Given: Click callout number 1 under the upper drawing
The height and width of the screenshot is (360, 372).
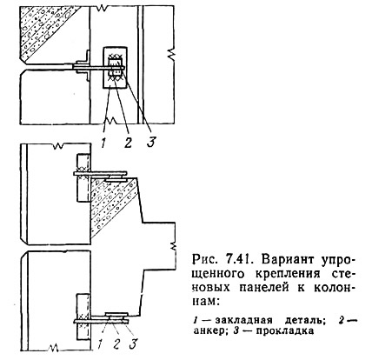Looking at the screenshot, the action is [x=103, y=143].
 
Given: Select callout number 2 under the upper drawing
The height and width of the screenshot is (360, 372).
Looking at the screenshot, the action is [x=127, y=143].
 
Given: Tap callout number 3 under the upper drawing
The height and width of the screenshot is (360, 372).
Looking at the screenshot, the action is [x=151, y=142].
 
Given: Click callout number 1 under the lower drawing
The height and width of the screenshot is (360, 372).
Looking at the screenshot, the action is [x=99, y=344].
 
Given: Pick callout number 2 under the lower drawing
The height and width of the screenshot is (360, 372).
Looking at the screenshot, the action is [x=116, y=344].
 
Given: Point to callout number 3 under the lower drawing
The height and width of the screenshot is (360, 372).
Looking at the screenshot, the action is [x=133, y=344].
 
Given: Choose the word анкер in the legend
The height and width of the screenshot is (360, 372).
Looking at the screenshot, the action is [x=209, y=331].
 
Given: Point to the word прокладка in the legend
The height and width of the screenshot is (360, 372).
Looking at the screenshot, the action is [x=285, y=331].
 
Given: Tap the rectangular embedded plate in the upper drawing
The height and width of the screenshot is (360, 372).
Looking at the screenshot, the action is [x=115, y=68].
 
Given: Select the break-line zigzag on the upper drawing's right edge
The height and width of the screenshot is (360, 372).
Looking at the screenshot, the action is [x=171, y=54].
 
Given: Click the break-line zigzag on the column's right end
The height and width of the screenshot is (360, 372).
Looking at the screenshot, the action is [x=173, y=246].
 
